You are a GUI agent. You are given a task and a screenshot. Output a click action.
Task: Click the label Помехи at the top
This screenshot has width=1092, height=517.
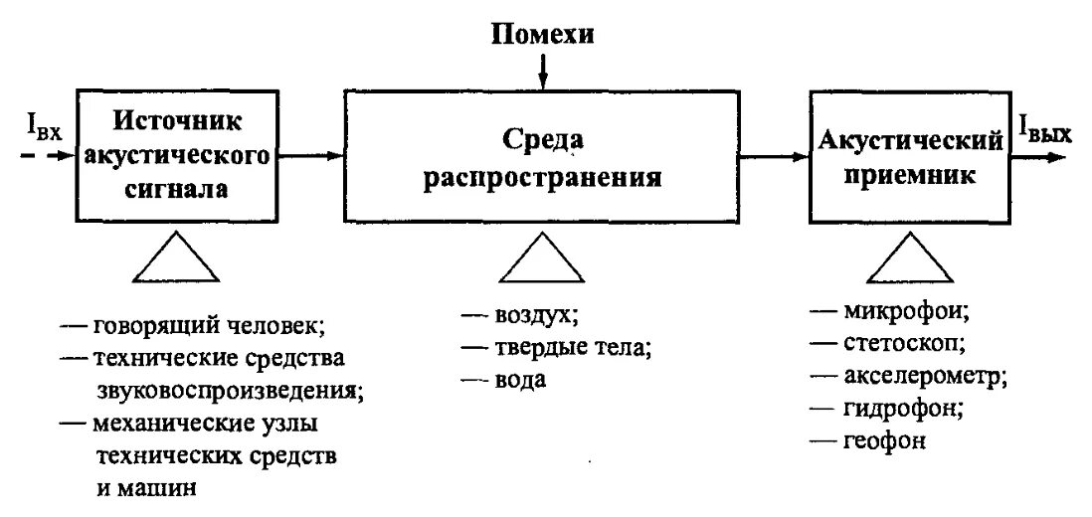point(542,35)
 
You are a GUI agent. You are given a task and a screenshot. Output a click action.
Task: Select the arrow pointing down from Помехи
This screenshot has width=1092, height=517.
point(543,71)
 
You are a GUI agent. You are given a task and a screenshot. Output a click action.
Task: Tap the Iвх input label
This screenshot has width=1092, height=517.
point(43,128)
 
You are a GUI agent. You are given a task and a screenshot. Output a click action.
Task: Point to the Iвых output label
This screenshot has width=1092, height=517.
point(1043,127)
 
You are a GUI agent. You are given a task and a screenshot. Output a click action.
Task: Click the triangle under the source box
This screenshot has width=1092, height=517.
point(176,261)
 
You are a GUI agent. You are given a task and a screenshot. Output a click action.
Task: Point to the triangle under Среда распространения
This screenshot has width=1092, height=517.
point(541,261)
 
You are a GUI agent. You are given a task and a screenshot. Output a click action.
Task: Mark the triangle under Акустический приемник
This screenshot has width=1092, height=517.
point(910,261)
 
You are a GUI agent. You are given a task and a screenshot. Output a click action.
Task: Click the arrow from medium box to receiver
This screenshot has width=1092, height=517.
point(775,155)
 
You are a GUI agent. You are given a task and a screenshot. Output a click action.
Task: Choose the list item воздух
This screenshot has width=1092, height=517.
point(534,316)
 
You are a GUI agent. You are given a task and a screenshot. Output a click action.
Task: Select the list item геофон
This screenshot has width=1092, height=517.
point(885,440)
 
